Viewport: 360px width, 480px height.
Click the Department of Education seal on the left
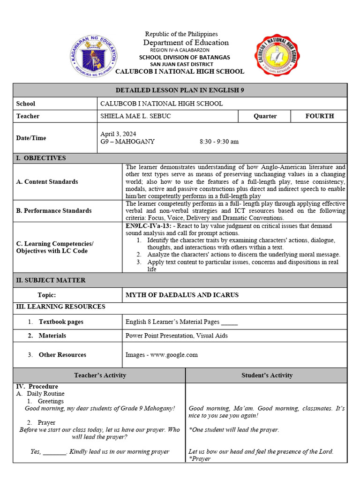click(x=94, y=58)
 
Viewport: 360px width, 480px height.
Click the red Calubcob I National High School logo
click(x=278, y=57)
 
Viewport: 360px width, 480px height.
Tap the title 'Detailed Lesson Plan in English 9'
click(x=180, y=90)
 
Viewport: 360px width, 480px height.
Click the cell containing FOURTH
click(x=319, y=116)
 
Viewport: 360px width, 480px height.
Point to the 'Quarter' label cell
click(x=265, y=116)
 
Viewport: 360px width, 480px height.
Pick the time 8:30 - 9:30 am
click(x=219, y=142)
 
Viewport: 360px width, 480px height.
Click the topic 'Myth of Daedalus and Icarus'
click(x=182, y=295)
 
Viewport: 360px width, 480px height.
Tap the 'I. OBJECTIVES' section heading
click(x=41, y=158)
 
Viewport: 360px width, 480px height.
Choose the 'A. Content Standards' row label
click(x=47, y=182)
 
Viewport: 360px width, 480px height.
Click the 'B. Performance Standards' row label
click(x=54, y=211)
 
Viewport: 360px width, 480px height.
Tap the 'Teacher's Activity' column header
click(x=100, y=375)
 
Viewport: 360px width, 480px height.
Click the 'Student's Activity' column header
click(x=267, y=375)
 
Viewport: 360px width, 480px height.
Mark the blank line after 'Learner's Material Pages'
click(x=229, y=323)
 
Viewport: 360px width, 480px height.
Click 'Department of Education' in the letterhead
click(x=186, y=43)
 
